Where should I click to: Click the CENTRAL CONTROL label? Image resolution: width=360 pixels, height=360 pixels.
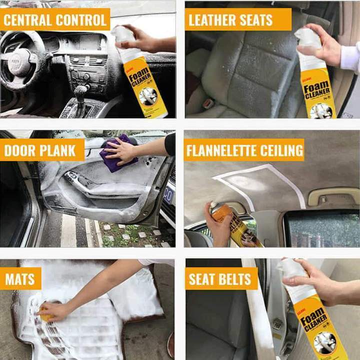55,20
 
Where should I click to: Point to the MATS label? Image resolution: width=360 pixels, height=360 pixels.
20,278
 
